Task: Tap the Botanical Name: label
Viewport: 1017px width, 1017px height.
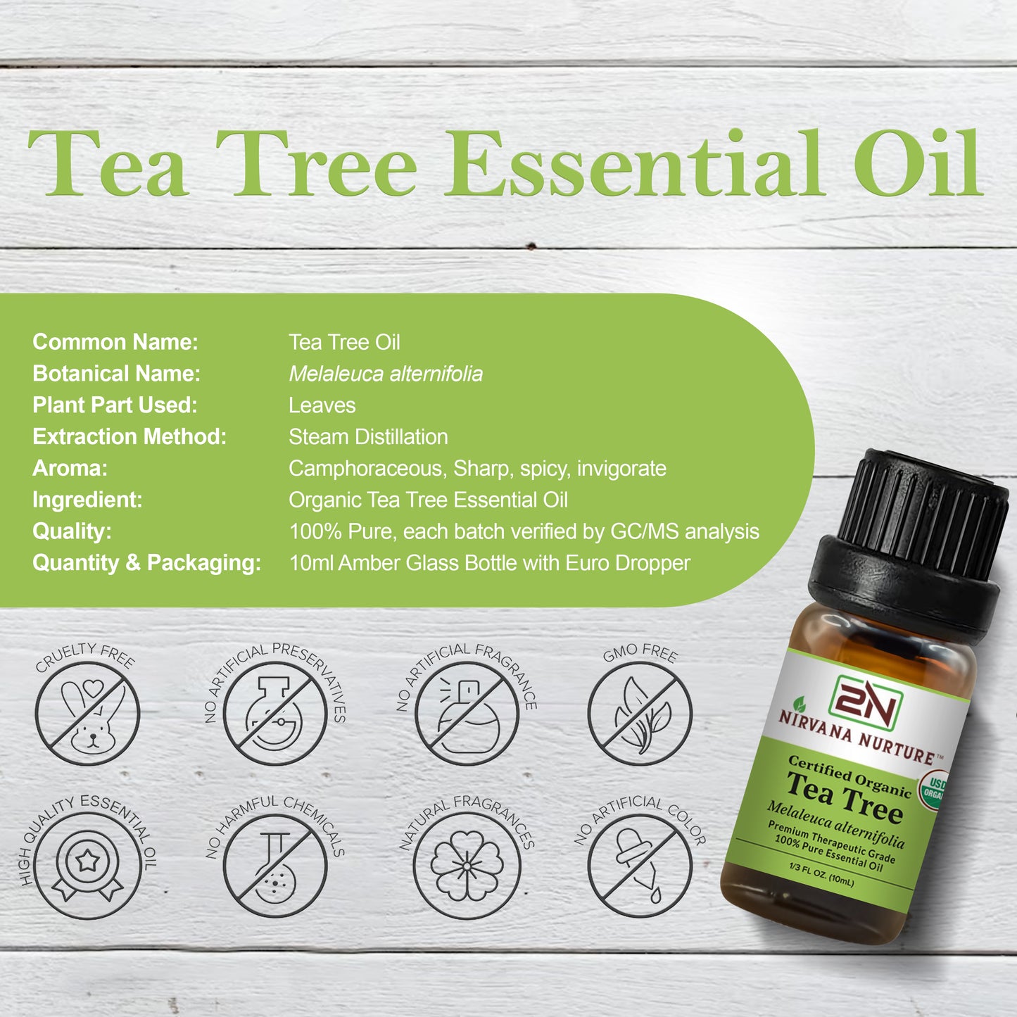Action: tap(116, 374)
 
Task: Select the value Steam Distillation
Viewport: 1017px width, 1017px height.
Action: tap(368, 437)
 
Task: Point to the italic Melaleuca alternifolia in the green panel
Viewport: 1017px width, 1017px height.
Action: tap(386, 374)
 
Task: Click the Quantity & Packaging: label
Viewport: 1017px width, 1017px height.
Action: tap(146, 563)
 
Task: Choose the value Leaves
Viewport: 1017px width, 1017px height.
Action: tap(322, 405)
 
